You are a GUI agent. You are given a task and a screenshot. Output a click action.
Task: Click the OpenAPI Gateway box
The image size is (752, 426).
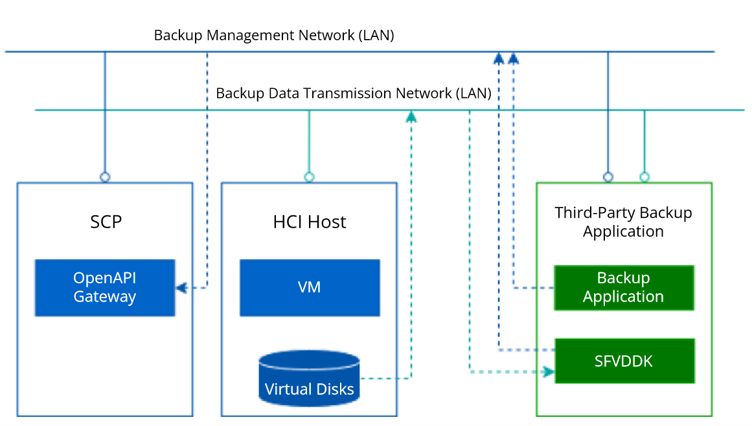point(104,287)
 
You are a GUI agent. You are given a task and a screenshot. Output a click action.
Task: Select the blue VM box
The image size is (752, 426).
point(310,287)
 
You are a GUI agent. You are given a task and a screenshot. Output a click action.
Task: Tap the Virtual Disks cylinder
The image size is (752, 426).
point(309,379)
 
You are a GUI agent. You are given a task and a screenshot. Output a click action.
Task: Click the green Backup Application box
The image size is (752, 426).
point(623,287)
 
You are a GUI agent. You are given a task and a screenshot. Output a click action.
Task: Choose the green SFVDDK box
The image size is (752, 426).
point(623,361)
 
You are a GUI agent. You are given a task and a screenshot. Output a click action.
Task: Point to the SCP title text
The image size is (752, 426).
point(106,222)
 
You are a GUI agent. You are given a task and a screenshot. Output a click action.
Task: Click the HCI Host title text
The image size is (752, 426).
point(310,222)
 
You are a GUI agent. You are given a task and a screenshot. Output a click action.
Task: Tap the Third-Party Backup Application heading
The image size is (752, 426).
point(623,222)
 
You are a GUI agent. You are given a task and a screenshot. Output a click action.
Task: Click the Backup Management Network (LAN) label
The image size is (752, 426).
point(274,35)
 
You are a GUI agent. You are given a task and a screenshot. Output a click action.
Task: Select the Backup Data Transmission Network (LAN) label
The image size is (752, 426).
point(354,93)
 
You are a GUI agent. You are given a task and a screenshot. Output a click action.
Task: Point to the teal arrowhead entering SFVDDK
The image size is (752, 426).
point(549,372)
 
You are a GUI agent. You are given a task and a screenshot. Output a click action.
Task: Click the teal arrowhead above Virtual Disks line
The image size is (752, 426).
point(411,116)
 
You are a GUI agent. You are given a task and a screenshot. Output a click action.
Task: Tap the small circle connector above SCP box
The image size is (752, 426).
point(105,176)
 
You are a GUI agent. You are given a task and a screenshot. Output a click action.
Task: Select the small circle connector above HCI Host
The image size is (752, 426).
point(309,176)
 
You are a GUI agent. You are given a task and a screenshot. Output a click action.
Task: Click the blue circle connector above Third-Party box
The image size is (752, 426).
point(608,176)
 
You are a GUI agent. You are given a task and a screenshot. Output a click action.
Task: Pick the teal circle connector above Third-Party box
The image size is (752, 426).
point(644,176)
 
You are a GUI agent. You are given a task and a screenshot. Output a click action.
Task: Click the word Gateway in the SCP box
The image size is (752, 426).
point(104,297)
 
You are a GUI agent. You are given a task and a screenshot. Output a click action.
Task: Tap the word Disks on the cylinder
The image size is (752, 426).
point(332,390)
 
